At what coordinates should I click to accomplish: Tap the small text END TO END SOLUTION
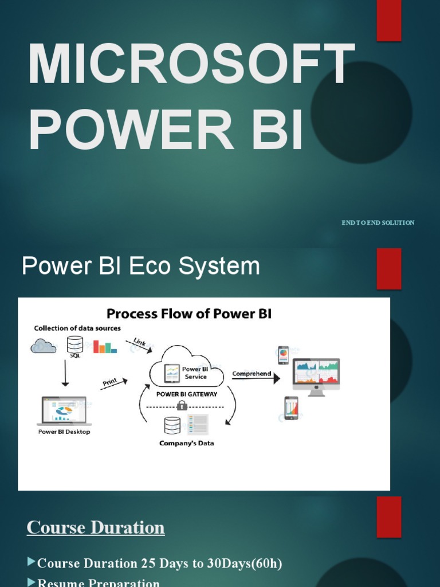[x=378, y=222]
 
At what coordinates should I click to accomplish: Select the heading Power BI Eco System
[x=140, y=267]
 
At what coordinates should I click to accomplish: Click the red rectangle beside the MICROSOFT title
[x=388, y=21]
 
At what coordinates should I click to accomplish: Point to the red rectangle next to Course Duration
[x=388, y=516]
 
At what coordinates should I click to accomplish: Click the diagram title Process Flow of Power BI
[x=189, y=314]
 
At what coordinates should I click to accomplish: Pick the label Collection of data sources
[x=77, y=328]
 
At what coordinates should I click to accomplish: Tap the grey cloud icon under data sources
[x=44, y=346]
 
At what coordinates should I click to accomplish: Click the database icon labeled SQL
[x=75, y=345]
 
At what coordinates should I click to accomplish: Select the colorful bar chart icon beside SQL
[x=105, y=346]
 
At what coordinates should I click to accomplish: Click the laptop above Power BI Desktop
[x=64, y=411]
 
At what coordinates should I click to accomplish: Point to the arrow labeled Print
[x=113, y=383]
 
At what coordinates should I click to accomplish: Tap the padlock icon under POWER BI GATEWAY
[x=182, y=405]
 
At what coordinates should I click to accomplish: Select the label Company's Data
[x=187, y=443]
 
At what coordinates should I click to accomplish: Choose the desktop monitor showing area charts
[x=316, y=375]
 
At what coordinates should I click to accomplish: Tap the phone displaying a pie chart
[x=283, y=355]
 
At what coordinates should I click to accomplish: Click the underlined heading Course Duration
[x=96, y=527]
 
